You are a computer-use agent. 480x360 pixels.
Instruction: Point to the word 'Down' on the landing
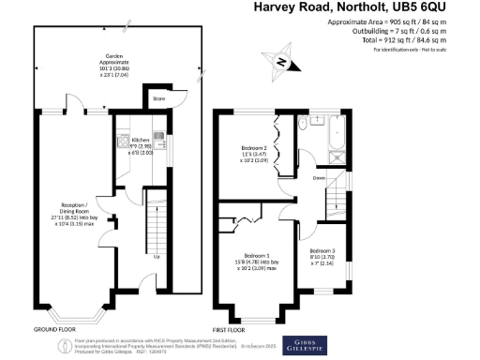tap(320, 177)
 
